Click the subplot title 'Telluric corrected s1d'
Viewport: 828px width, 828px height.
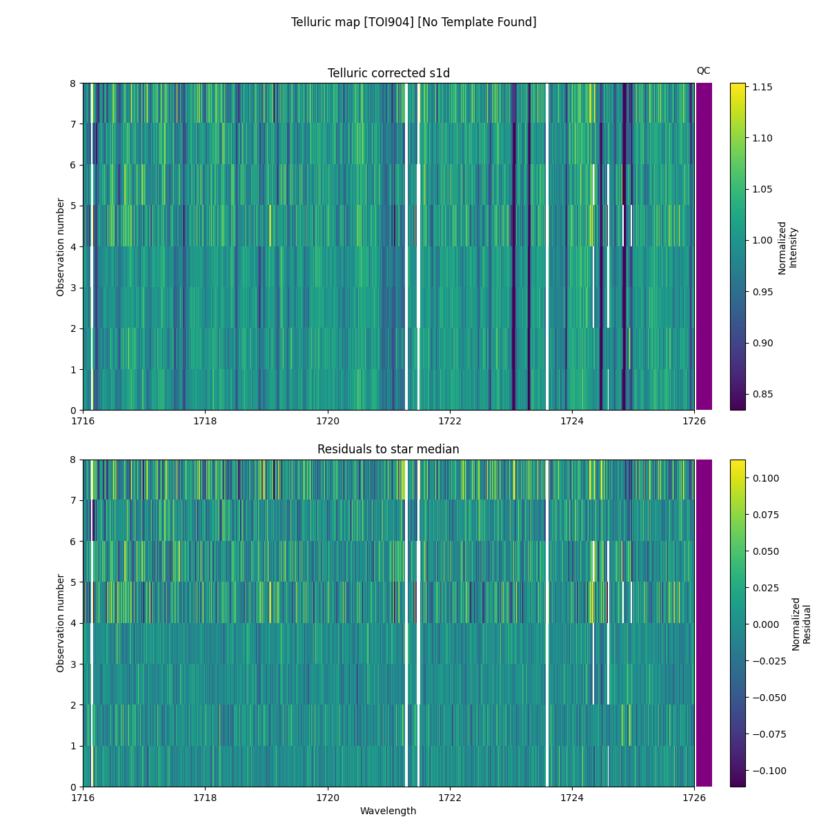coord(388,73)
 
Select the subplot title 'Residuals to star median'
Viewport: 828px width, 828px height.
coord(388,449)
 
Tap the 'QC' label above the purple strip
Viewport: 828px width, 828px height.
coord(703,70)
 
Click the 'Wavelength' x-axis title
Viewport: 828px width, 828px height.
coord(388,811)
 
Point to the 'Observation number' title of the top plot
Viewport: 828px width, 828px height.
coord(61,246)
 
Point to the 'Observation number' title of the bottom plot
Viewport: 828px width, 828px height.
coord(61,622)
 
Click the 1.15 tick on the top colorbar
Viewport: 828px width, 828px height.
coord(762,87)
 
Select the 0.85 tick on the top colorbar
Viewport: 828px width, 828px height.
coord(762,394)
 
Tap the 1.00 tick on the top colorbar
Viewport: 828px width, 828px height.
coord(762,240)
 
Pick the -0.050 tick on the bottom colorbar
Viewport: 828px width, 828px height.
coord(767,697)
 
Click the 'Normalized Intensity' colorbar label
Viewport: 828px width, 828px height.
coord(787,247)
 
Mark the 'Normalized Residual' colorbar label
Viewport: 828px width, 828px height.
coord(800,623)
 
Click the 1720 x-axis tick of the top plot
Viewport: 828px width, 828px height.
coord(327,421)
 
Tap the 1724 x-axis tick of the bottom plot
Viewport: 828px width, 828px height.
coord(571,797)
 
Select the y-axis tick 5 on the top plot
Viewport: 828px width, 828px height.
coord(73,206)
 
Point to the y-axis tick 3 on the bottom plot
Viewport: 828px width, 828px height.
coord(73,664)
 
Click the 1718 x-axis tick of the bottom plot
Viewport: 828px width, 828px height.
coord(205,797)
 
